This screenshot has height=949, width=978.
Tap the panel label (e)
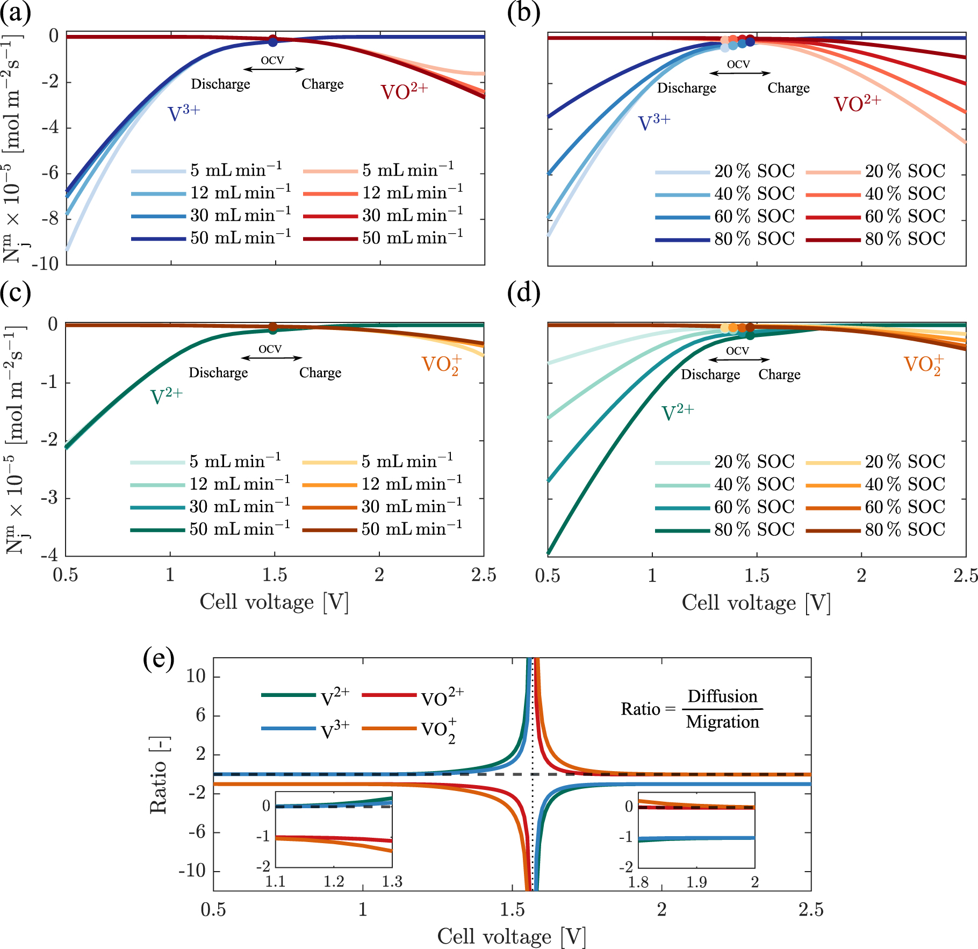pos(158,658)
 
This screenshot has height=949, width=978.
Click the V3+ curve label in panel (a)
pos(183,113)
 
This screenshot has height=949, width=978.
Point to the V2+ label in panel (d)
pos(677,413)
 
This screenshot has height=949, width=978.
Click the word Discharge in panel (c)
pos(218,373)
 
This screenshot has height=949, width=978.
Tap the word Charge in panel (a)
pos(322,84)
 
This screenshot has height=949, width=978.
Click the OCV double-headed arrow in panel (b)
pos(739,73)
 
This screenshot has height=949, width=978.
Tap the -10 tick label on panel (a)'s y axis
pos(46,264)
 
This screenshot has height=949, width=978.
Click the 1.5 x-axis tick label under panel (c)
pos(275,575)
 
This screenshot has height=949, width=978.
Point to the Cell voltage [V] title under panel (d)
pos(756,603)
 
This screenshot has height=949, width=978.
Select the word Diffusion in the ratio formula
pos(722,696)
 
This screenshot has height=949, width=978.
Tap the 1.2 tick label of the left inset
pos(334,882)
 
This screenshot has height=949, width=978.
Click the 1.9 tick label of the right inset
pos(696,882)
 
